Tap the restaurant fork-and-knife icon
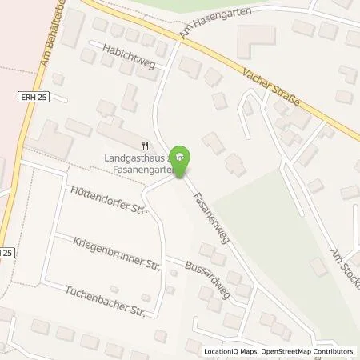[x=145, y=145]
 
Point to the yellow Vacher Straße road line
[x=200, y=48]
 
